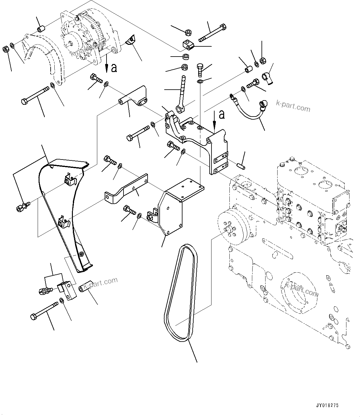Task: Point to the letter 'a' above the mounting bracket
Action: [221, 115]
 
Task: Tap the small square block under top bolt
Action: [187, 45]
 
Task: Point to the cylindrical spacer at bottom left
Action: [85, 287]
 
